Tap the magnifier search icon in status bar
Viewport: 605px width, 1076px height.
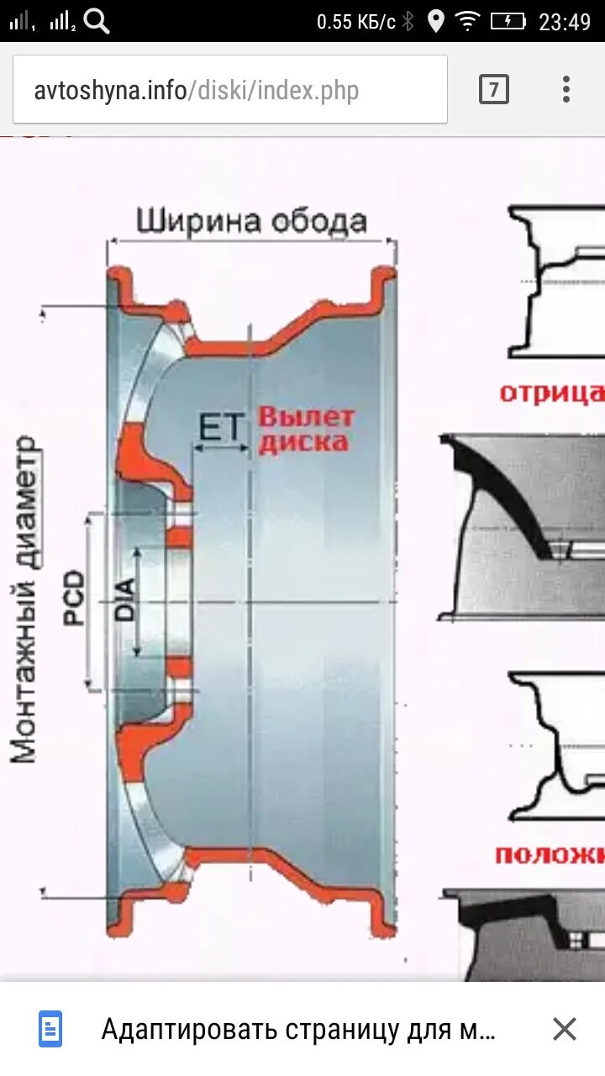point(97,21)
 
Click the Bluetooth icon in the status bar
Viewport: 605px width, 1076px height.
point(408,21)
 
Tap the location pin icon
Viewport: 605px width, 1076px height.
point(435,21)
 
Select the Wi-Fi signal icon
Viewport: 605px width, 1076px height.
point(466,21)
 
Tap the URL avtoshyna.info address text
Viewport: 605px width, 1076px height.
point(196,90)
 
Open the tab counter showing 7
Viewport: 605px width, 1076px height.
point(494,89)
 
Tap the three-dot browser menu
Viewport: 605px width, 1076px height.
point(566,89)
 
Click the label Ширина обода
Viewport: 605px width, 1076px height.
point(252,221)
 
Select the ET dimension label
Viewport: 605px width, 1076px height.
point(219,428)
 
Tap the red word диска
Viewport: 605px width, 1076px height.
point(303,442)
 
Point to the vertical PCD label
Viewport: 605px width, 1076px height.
point(75,598)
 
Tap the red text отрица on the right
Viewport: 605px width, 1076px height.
point(551,393)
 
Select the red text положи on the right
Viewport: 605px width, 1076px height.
point(549,856)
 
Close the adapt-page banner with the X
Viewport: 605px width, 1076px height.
point(565,1029)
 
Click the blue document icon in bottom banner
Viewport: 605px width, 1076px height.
point(50,1029)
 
